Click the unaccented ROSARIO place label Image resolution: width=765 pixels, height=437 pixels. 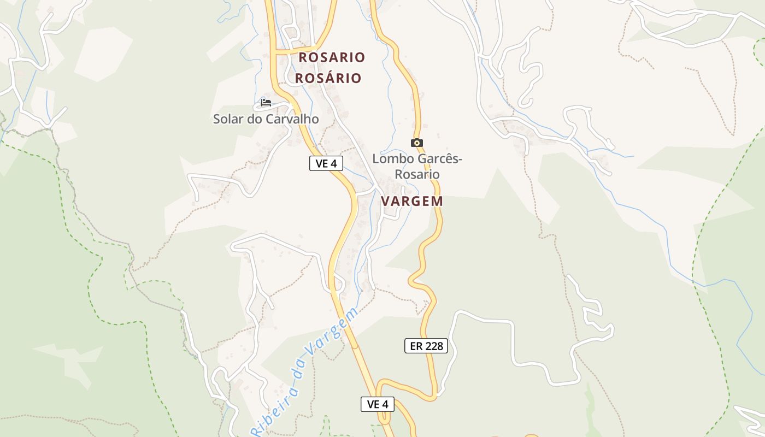pyautogui.click(x=332, y=57)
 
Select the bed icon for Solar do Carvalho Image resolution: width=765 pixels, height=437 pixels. pyautogui.click(x=266, y=102)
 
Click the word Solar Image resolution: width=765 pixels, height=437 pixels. pyautogui.click(x=228, y=119)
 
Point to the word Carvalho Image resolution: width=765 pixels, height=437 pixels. pyautogui.click(x=292, y=119)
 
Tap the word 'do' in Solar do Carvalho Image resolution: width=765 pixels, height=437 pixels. pyautogui.click(x=255, y=119)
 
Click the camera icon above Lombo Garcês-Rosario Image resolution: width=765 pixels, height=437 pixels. pyautogui.click(x=417, y=143)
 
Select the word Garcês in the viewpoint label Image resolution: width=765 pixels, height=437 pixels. pyautogui.click(x=437, y=159)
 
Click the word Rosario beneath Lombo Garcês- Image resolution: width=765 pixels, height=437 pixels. pyautogui.click(x=417, y=174)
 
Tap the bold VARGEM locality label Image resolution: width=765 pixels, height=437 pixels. pyautogui.click(x=412, y=201)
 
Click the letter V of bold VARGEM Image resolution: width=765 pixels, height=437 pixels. pyautogui.click(x=385, y=201)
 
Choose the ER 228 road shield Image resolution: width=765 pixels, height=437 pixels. pyautogui.click(x=426, y=346)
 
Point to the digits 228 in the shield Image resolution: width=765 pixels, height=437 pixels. pyautogui.click(x=434, y=346)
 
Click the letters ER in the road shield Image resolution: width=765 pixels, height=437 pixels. pyautogui.click(x=415, y=346)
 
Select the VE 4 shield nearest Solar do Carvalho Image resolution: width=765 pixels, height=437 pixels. pyautogui.click(x=326, y=163)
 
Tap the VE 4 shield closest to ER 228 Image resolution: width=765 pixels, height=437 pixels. pyautogui.click(x=378, y=404)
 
